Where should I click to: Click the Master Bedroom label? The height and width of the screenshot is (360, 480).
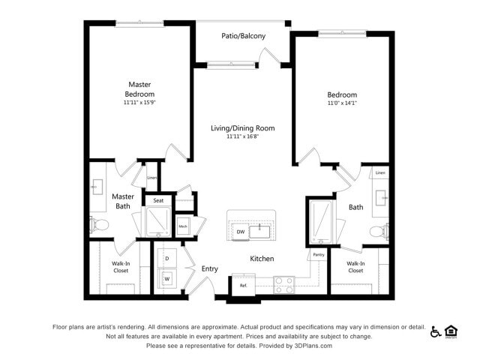coord(140,89)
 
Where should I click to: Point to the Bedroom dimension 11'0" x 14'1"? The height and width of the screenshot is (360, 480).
coord(341,104)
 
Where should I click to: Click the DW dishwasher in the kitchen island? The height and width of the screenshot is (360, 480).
coord(240,232)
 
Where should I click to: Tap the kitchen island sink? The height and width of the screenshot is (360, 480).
coord(259,231)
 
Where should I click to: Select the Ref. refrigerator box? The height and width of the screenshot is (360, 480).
coord(244,286)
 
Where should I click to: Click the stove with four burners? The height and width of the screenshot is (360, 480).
coord(283,285)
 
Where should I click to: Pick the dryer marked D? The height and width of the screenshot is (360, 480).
coord(166,258)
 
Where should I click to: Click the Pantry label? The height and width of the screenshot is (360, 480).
coord(319,255)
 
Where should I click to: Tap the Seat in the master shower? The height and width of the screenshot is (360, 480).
coord(159,200)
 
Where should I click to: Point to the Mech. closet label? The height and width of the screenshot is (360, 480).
coord(183,226)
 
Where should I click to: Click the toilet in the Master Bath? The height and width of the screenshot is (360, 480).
coord(100,224)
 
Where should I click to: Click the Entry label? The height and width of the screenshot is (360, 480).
coord(209,269)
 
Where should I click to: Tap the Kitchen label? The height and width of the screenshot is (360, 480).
coord(262,259)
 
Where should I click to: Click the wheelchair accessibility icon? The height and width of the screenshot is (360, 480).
coord(435,331)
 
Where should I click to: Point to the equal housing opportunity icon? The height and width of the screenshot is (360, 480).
coord(451,331)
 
